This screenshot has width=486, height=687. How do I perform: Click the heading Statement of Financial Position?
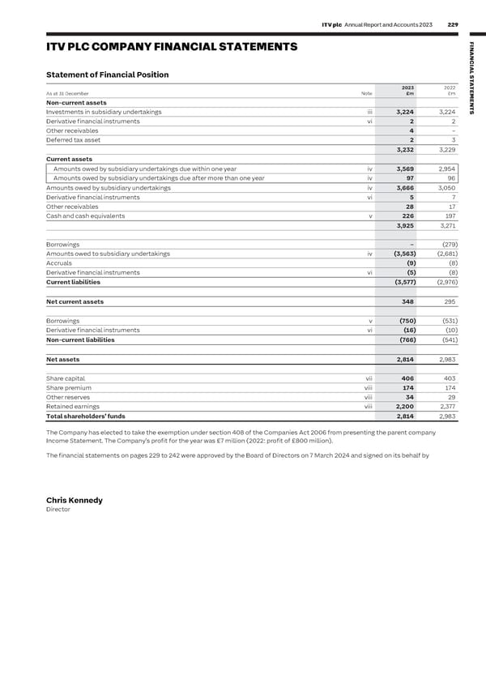pyautogui.click(x=108, y=75)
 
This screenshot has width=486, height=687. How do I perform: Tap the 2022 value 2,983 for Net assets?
pyautogui.click(x=446, y=359)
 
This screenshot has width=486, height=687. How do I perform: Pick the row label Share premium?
pyautogui.click(x=70, y=388)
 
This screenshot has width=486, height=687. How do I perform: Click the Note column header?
pyautogui.click(x=367, y=94)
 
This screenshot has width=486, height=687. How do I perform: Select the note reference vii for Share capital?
pyautogui.click(x=369, y=378)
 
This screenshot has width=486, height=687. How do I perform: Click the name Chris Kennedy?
pyautogui.click(x=75, y=501)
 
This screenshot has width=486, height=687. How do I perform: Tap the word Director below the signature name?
pyautogui.click(x=58, y=510)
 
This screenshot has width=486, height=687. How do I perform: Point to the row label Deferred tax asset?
pyautogui.click(x=74, y=139)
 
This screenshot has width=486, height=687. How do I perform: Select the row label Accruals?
pyautogui.click(x=59, y=263)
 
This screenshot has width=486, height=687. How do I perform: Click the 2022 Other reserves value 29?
pyautogui.click(x=450, y=397)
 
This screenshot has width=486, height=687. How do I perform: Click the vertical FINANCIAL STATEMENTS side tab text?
pyautogui.click(x=475, y=82)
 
